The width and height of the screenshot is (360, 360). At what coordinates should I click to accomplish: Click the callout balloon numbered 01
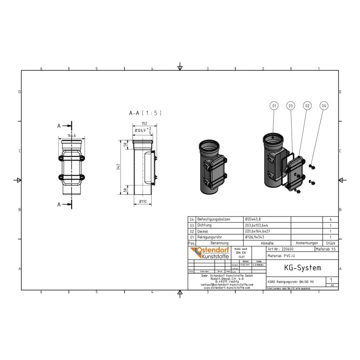click(x=274, y=106)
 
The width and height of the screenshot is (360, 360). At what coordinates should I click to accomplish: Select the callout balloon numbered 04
click(x=324, y=106)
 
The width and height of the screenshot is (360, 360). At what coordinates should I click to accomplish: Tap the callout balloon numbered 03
click(x=291, y=106)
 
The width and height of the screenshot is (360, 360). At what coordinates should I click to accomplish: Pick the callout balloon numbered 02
click(x=307, y=106)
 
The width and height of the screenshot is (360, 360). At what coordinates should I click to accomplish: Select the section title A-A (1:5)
click(x=145, y=113)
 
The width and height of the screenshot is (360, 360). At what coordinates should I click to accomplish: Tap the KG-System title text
click(x=297, y=268)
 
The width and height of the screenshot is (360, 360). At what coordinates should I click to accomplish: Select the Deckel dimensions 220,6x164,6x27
click(x=257, y=231)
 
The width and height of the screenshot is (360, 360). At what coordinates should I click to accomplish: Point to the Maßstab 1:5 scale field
click(x=326, y=249)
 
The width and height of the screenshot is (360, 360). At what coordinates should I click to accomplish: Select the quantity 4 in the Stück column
click(x=330, y=219)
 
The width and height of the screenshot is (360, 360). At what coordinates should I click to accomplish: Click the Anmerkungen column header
click(x=306, y=243)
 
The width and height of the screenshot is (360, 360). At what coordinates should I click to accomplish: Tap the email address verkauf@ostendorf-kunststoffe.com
click(x=227, y=284)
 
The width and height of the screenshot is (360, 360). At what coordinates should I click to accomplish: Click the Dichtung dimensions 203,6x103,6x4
click(x=257, y=225)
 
